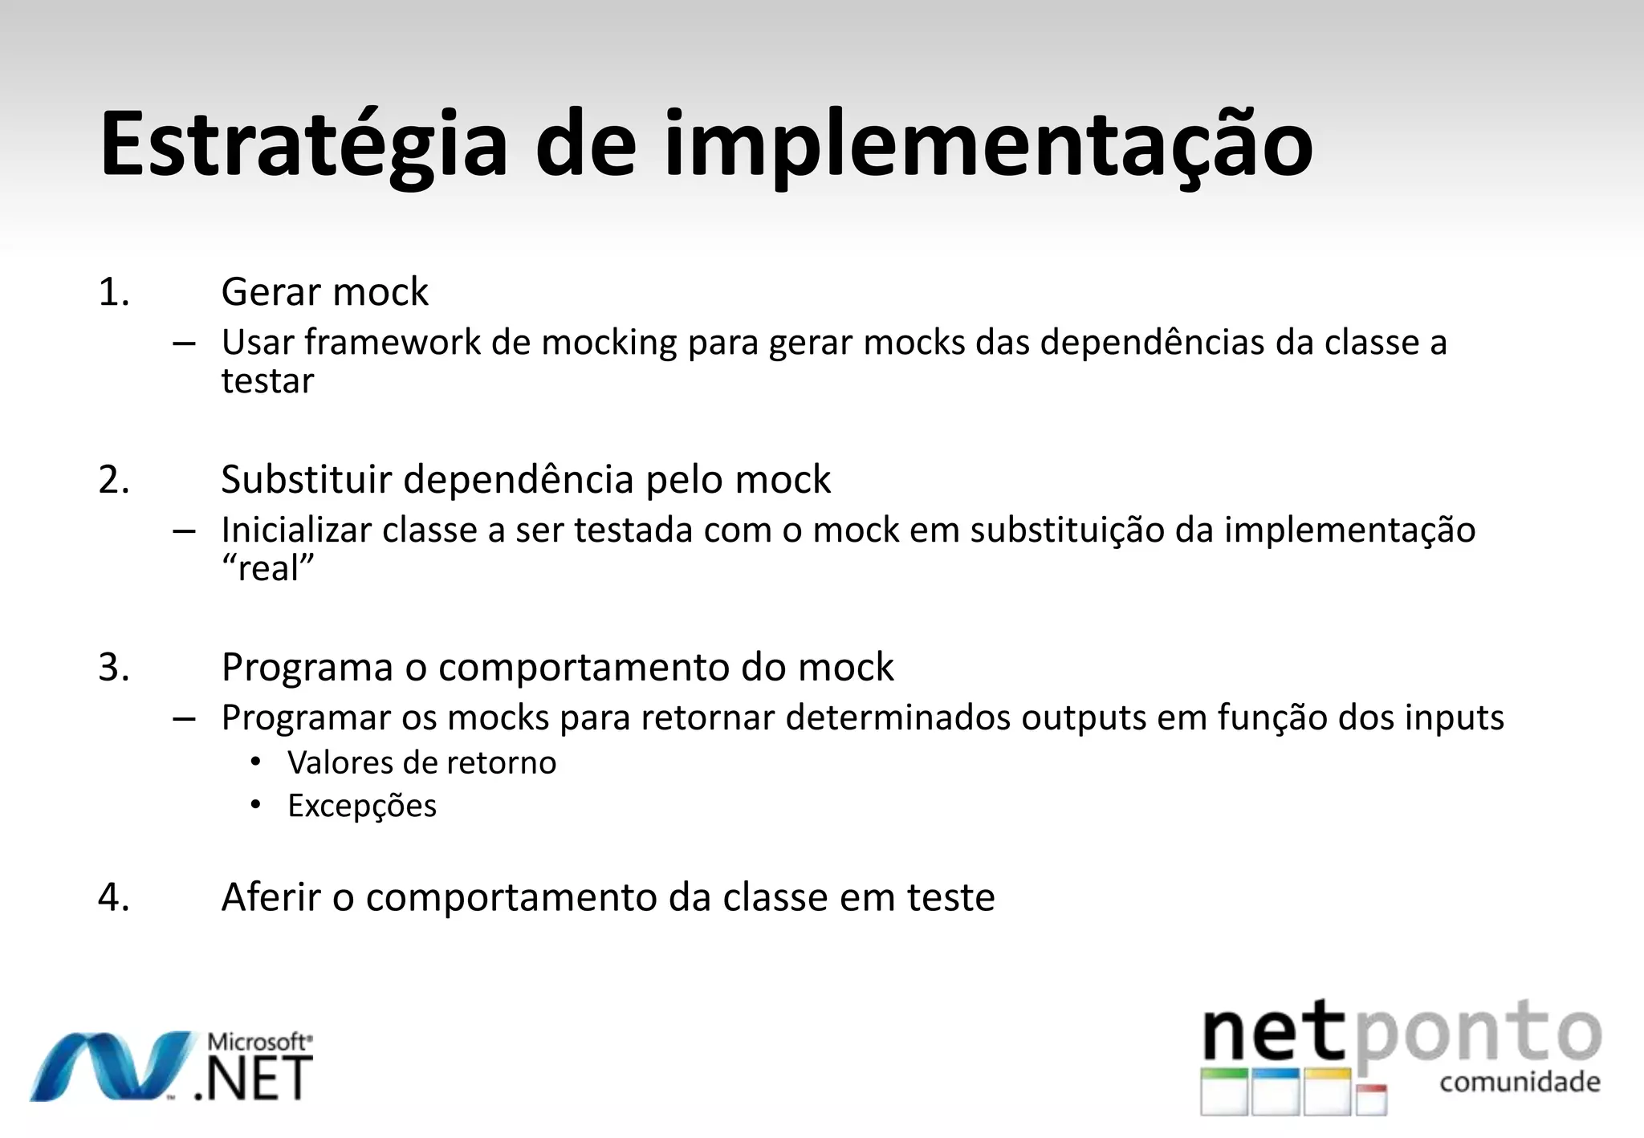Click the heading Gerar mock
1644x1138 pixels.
(x=324, y=292)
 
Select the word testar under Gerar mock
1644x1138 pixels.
(x=267, y=381)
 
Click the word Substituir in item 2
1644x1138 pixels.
(x=306, y=480)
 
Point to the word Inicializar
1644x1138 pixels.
(x=296, y=530)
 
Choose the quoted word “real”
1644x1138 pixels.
(x=267, y=569)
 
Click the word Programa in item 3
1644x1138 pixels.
(x=307, y=668)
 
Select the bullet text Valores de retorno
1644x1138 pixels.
(x=421, y=762)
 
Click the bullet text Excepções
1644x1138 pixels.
(x=362, y=806)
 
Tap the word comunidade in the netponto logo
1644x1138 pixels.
(x=1520, y=1082)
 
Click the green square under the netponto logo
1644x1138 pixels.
(x=1225, y=1092)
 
